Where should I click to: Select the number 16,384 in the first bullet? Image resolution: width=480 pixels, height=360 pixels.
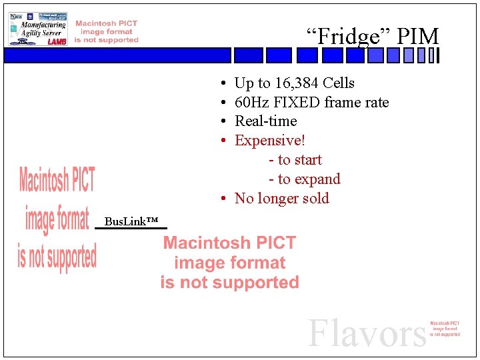[x=296, y=83]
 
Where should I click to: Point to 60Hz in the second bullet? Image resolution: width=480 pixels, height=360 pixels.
[x=251, y=103]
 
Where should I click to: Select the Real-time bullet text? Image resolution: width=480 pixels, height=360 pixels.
[x=265, y=121]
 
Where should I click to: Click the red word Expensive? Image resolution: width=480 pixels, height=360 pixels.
[x=270, y=141]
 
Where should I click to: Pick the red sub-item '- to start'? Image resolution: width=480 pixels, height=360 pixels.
[x=295, y=160]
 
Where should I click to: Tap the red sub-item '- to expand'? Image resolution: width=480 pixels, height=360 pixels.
[x=304, y=179]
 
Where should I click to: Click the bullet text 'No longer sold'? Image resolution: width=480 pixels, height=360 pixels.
[x=281, y=199]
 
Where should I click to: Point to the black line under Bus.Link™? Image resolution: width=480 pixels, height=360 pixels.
[x=131, y=229]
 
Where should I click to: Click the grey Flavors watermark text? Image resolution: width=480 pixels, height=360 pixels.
[x=366, y=333]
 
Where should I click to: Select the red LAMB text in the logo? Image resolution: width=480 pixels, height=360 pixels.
[x=57, y=41]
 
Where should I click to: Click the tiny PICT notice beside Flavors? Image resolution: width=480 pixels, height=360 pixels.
[x=445, y=329]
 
